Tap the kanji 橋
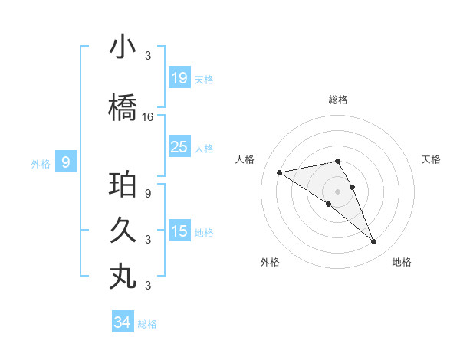pos(123,107)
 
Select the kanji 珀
pos(123,185)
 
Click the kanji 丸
pos(123,276)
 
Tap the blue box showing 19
pos(179,78)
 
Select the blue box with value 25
pos(179,147)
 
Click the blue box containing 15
pos(179,231)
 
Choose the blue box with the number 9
pos(66,162)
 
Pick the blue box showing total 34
pos(122,322)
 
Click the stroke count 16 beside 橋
pos(148,117)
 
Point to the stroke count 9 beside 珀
pos(148,194)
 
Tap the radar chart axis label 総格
pos(338,100)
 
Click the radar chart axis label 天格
pos(431,159)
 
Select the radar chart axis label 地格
pos(402,262)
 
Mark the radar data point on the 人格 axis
pos(280,172)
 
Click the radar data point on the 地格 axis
pos(373,242)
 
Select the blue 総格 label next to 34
pos(147,324)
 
